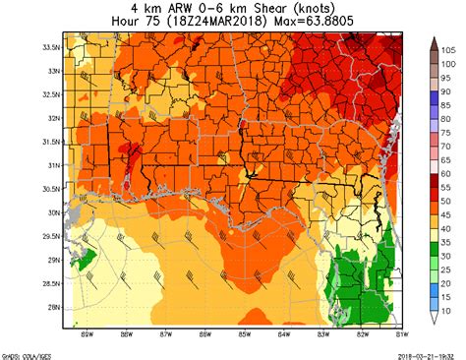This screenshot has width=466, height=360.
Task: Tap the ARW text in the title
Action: tap(169, 7)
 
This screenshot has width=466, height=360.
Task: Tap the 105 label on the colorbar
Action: tap(446, 47)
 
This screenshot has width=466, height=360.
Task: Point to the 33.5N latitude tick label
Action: tap(50, 46)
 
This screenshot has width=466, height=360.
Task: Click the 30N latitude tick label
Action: tap(53, 211)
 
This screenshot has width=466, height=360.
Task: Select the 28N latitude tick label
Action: tap(53, 307)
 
